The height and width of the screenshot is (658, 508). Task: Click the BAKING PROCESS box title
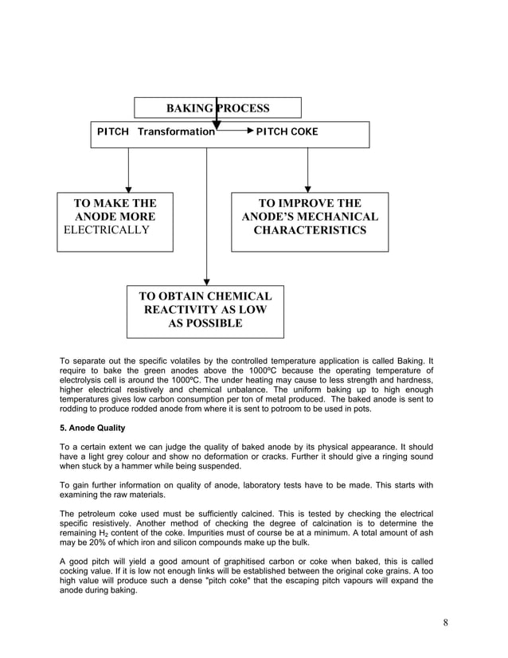(x=217, y=108)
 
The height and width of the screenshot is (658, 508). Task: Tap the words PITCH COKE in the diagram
(x=287, y=131)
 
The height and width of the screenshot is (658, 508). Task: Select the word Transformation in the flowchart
(x=176, y=131)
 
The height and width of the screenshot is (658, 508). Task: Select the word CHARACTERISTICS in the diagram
(x=310, y=231)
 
